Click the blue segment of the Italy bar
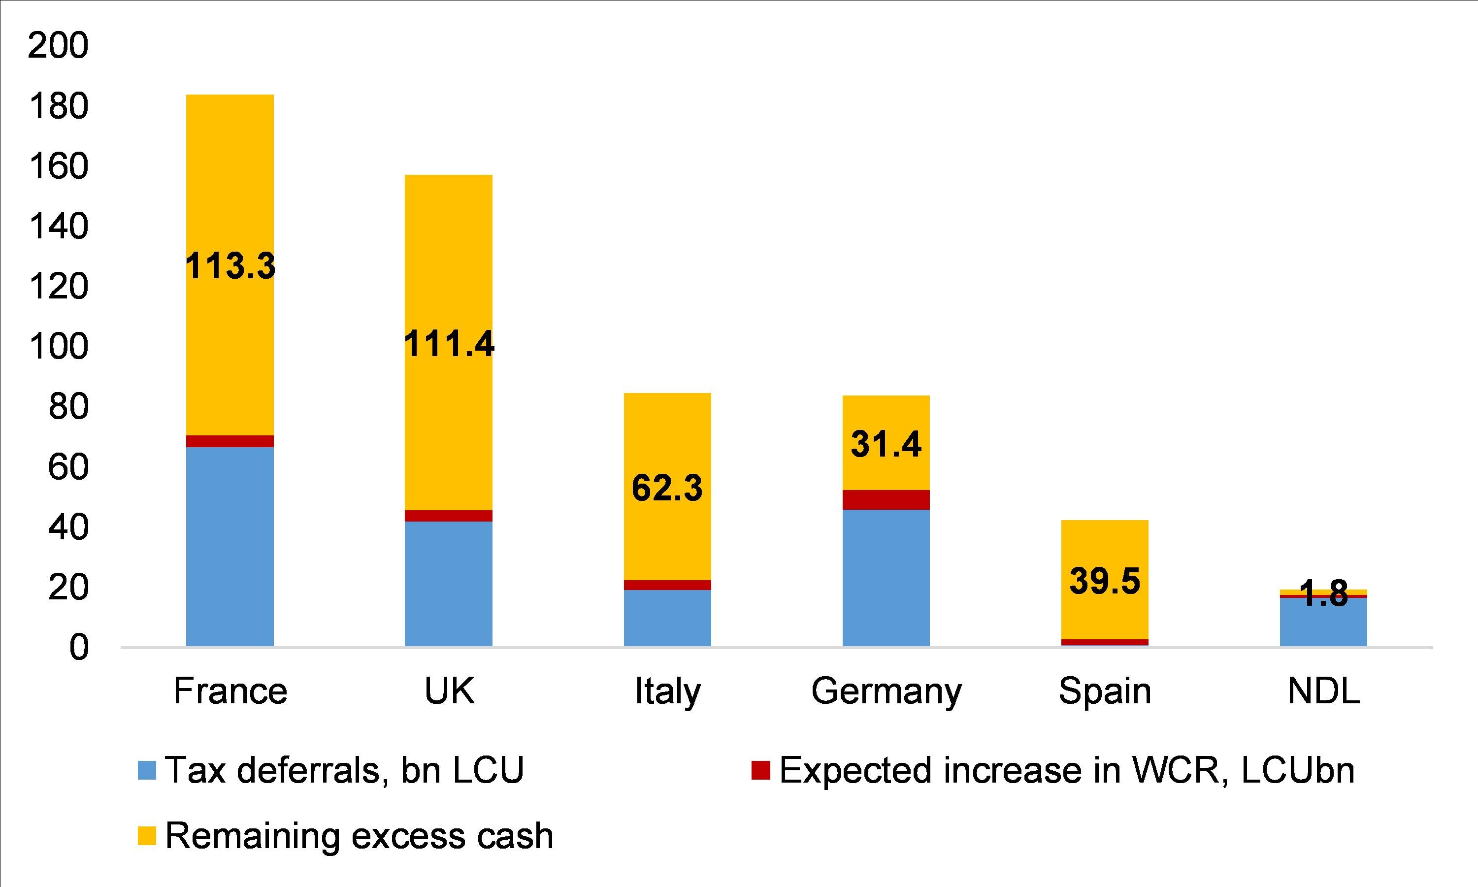tap(667, 618)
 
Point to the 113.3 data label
tap(230, 266)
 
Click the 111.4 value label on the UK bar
tap(449, 344)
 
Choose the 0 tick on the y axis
tap(78, 648)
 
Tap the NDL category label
tap(1323, 691)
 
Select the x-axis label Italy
tap(667, 692)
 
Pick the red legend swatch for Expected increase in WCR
tap(761, 770)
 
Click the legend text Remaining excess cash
tap(359, 836)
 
